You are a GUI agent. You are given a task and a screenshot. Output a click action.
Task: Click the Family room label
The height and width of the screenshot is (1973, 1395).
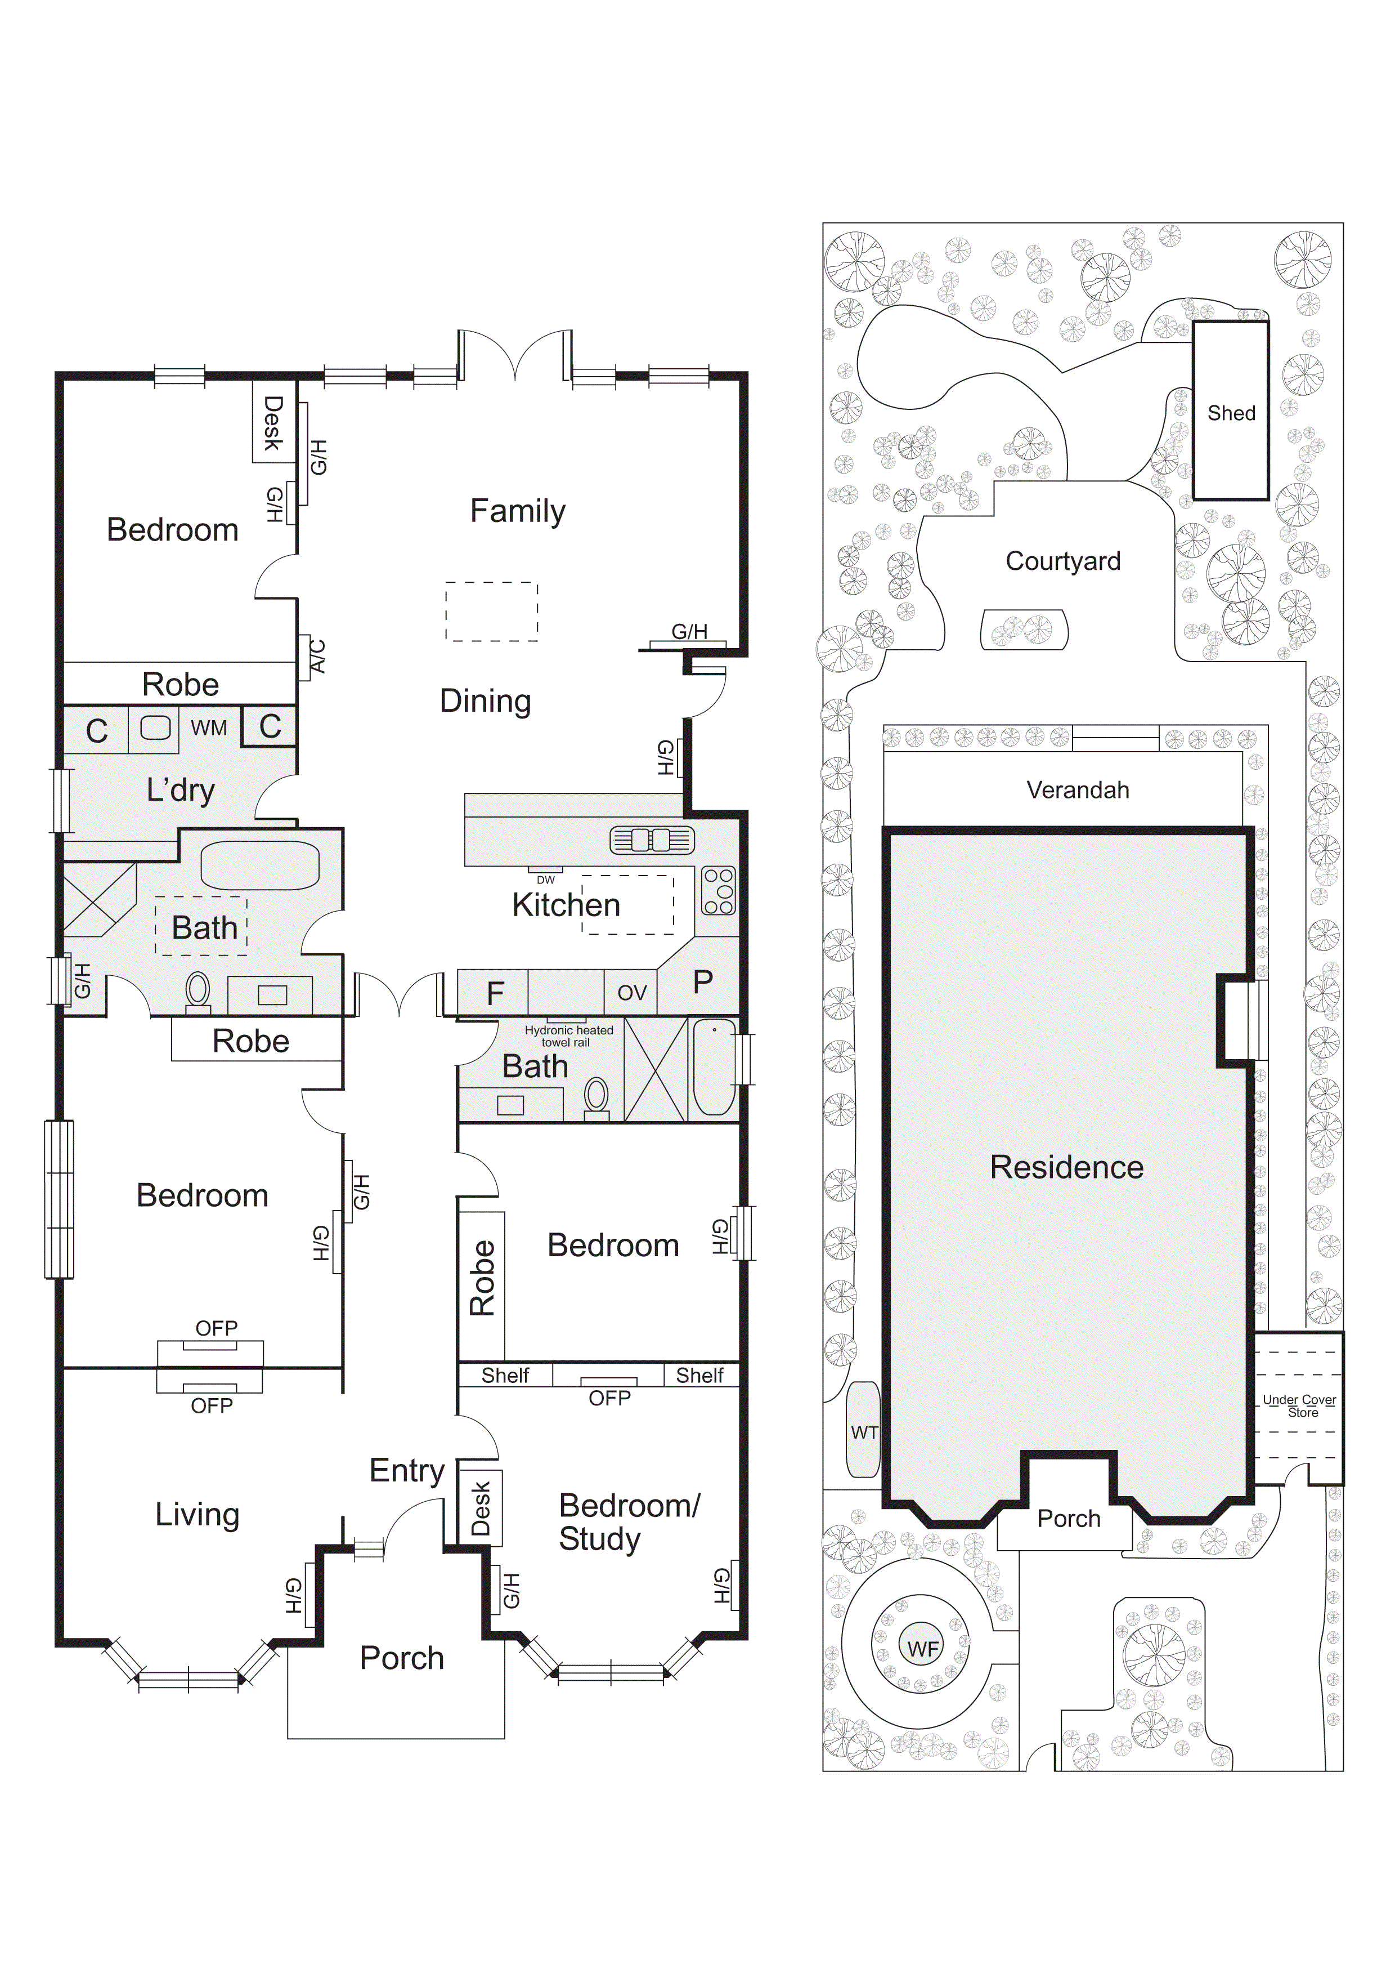(x=517, y=511)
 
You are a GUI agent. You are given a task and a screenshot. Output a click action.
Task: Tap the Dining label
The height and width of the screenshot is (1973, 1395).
(x=485, y=701)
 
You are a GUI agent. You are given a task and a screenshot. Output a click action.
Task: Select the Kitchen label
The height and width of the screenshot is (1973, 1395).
(x=566, y=905)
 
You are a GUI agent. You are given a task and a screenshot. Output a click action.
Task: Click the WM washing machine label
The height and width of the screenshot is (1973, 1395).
(x=209, y=728)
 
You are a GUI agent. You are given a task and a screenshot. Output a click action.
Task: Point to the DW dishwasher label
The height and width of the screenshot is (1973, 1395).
(x=545, y=880)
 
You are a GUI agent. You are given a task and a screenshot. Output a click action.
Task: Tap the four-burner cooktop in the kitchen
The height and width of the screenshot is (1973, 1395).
(x=718, y=890)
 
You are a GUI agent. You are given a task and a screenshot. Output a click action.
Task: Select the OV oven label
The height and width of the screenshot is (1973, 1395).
(x=631, y=993)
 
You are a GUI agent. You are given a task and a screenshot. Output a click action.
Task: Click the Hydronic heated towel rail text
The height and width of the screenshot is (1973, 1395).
(x=569, y=1035)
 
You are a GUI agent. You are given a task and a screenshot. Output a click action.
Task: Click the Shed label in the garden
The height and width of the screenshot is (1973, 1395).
(x=1231, y=413)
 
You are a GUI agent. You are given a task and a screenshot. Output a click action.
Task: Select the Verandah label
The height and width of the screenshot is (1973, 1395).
(x=1077, y=790)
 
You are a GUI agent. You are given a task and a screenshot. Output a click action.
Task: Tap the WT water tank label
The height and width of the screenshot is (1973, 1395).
(x=864, y=1432)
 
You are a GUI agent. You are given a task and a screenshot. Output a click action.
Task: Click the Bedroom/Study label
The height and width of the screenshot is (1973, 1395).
(x=629, y=1522)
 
